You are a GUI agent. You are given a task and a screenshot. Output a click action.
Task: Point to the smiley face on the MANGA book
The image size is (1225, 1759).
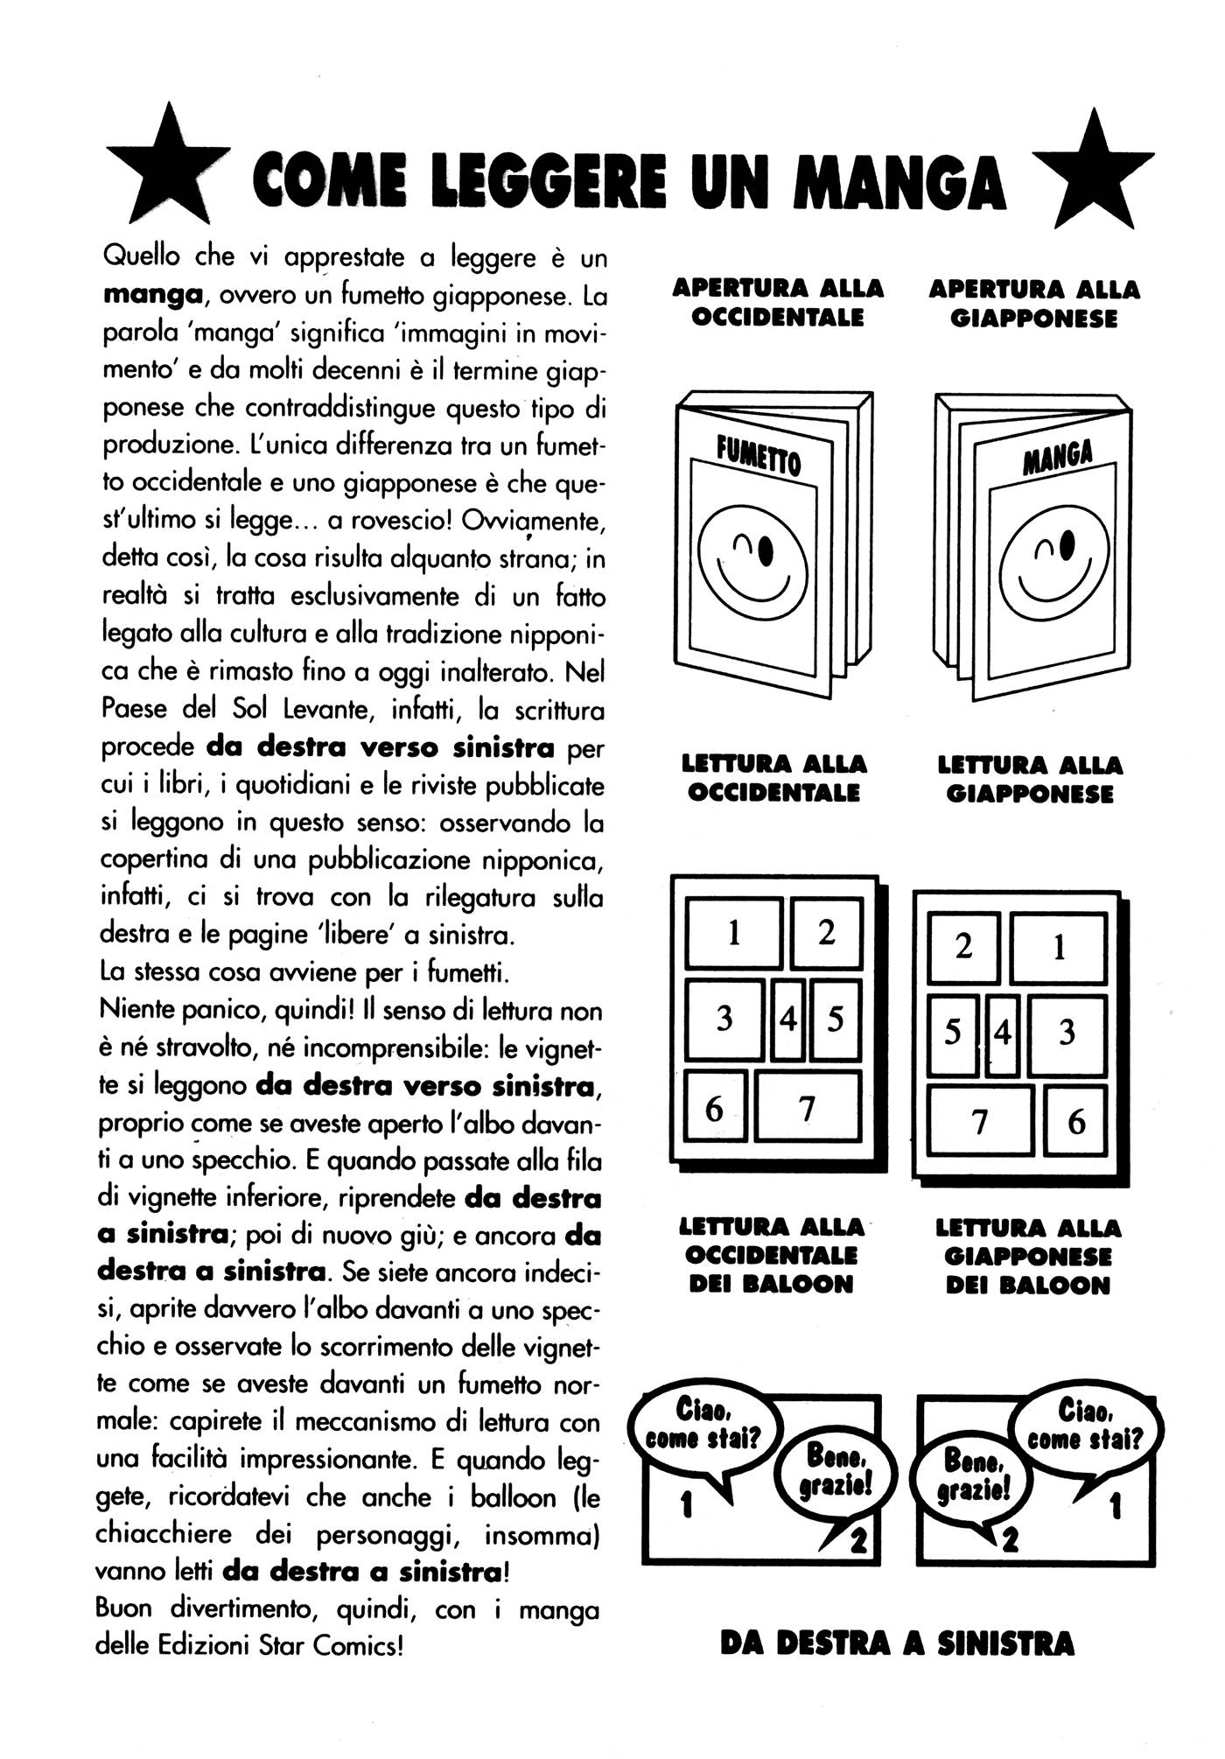(x=1053, y=564)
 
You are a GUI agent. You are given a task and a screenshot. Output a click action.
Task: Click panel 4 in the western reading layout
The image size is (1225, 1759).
(x=788, y=1020)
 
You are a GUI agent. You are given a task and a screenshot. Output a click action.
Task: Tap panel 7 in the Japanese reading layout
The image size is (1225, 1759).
(x=980, y=1121)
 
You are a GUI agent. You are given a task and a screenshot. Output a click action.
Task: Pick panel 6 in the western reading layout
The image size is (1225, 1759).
(x=715, y=1108)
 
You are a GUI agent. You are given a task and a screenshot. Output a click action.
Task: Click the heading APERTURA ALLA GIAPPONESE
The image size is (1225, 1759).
(x=1033, y=303)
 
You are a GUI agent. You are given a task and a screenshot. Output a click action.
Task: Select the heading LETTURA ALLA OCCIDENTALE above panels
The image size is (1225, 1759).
(x=773, y=778)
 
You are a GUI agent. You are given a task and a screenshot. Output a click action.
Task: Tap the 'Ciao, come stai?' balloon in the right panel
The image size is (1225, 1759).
(x=1085, y=1424)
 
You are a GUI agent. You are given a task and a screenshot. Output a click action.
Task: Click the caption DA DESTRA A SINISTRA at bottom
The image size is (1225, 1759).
(x=897, y=1643)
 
